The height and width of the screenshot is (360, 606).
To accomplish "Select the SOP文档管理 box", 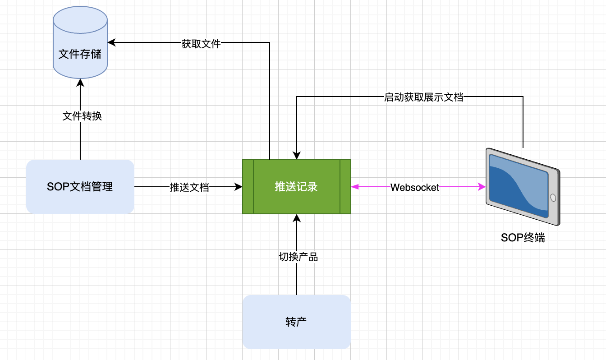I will pos(80,186).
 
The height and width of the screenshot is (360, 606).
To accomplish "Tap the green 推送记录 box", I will pos(296,186).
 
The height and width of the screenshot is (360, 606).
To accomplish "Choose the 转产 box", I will pos(296,322).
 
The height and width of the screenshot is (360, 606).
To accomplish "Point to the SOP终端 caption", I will pos(523,238).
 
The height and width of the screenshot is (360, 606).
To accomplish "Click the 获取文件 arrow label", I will pos(201,44).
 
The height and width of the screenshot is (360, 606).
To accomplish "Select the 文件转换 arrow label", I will pos(82,116).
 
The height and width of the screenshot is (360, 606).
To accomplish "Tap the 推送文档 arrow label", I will pos(189,187).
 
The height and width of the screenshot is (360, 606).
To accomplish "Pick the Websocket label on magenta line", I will pos(414,187).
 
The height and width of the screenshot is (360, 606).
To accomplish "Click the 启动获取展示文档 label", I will pos(423,97).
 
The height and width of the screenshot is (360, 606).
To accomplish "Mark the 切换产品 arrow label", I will pos(298,257).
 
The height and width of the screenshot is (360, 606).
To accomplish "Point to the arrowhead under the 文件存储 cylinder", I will pos(80,83).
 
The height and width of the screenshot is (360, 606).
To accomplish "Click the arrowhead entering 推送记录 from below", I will pos(296,218).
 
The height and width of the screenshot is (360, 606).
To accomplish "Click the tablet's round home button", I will pos(553,198).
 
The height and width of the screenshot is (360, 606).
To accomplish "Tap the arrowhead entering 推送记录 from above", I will pos(296,155).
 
